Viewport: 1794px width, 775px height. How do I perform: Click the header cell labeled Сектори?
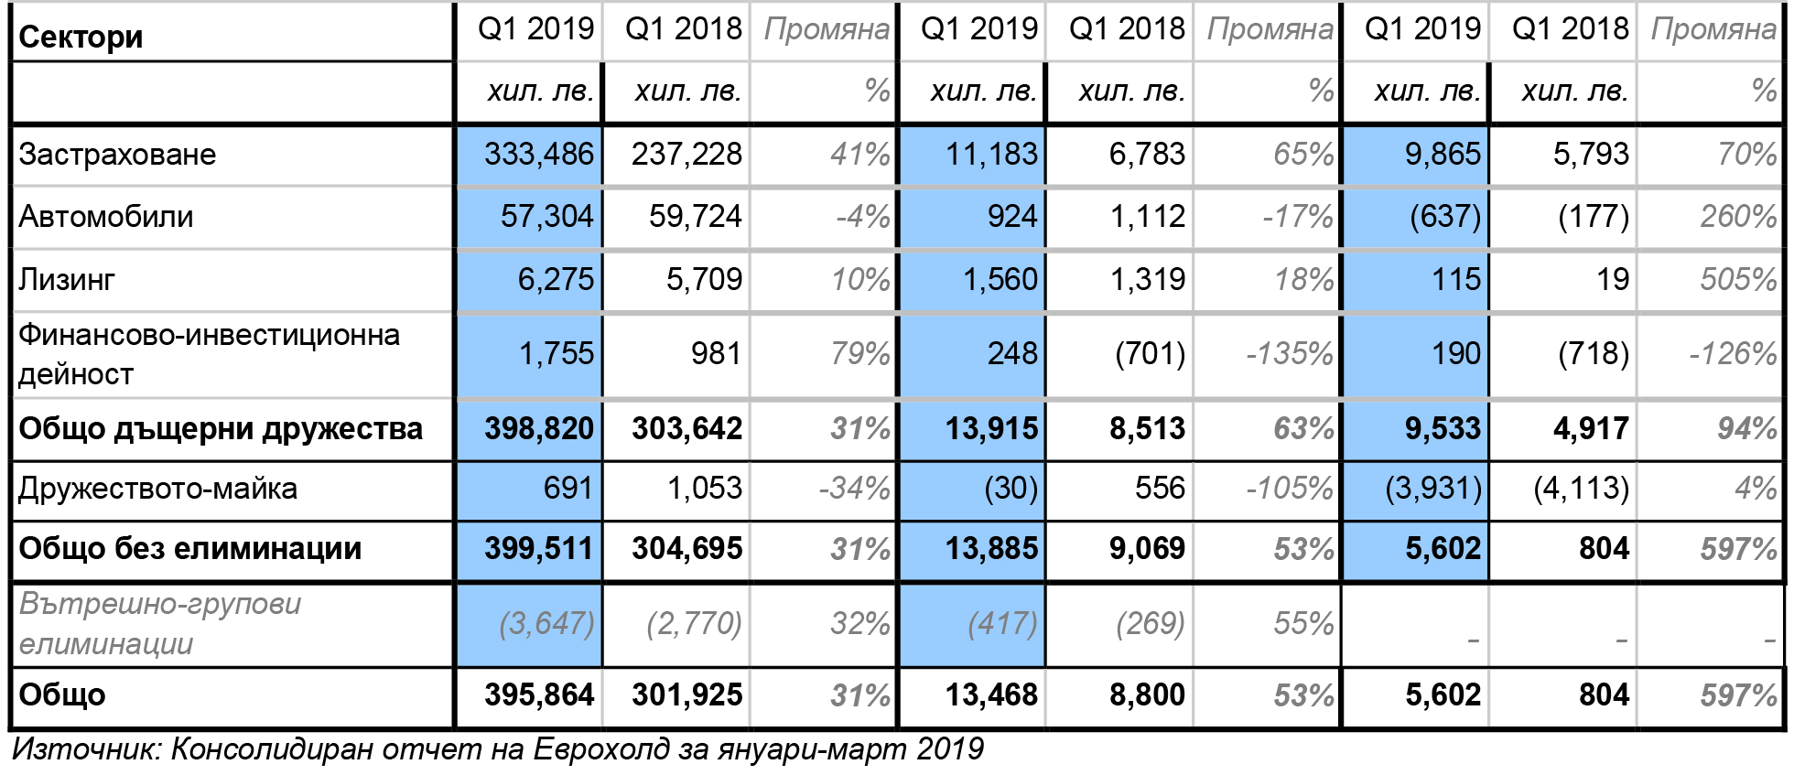tap(81, 37)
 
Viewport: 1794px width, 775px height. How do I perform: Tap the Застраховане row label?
tap(117, 154)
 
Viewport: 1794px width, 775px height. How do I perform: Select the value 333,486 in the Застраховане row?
tap(539, 154)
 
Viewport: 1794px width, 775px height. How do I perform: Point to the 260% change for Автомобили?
tap(1738, 217)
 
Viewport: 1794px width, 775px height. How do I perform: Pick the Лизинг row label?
tap(67, 279)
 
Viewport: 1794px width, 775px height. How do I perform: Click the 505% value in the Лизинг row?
tap(1738, 279)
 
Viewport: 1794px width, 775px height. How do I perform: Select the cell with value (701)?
tap(1150, 353)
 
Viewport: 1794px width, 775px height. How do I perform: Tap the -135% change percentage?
tap(1290, 353)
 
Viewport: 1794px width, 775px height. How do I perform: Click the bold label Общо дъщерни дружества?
tap(221, 428)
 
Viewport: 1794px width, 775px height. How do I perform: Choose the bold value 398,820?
tap(539, 428)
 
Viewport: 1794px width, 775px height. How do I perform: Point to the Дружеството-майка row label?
tap(157, 489)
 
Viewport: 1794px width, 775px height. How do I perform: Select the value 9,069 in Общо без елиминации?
tap(1147, 548)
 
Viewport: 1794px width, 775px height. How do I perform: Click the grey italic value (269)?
tap(1150, 623)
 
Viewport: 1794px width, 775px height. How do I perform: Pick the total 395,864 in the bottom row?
tap(539, 694)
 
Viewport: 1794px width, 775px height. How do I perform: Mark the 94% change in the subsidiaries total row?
tap(1747, 428)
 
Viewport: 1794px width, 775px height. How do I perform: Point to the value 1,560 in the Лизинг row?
tap(1000, 279)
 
